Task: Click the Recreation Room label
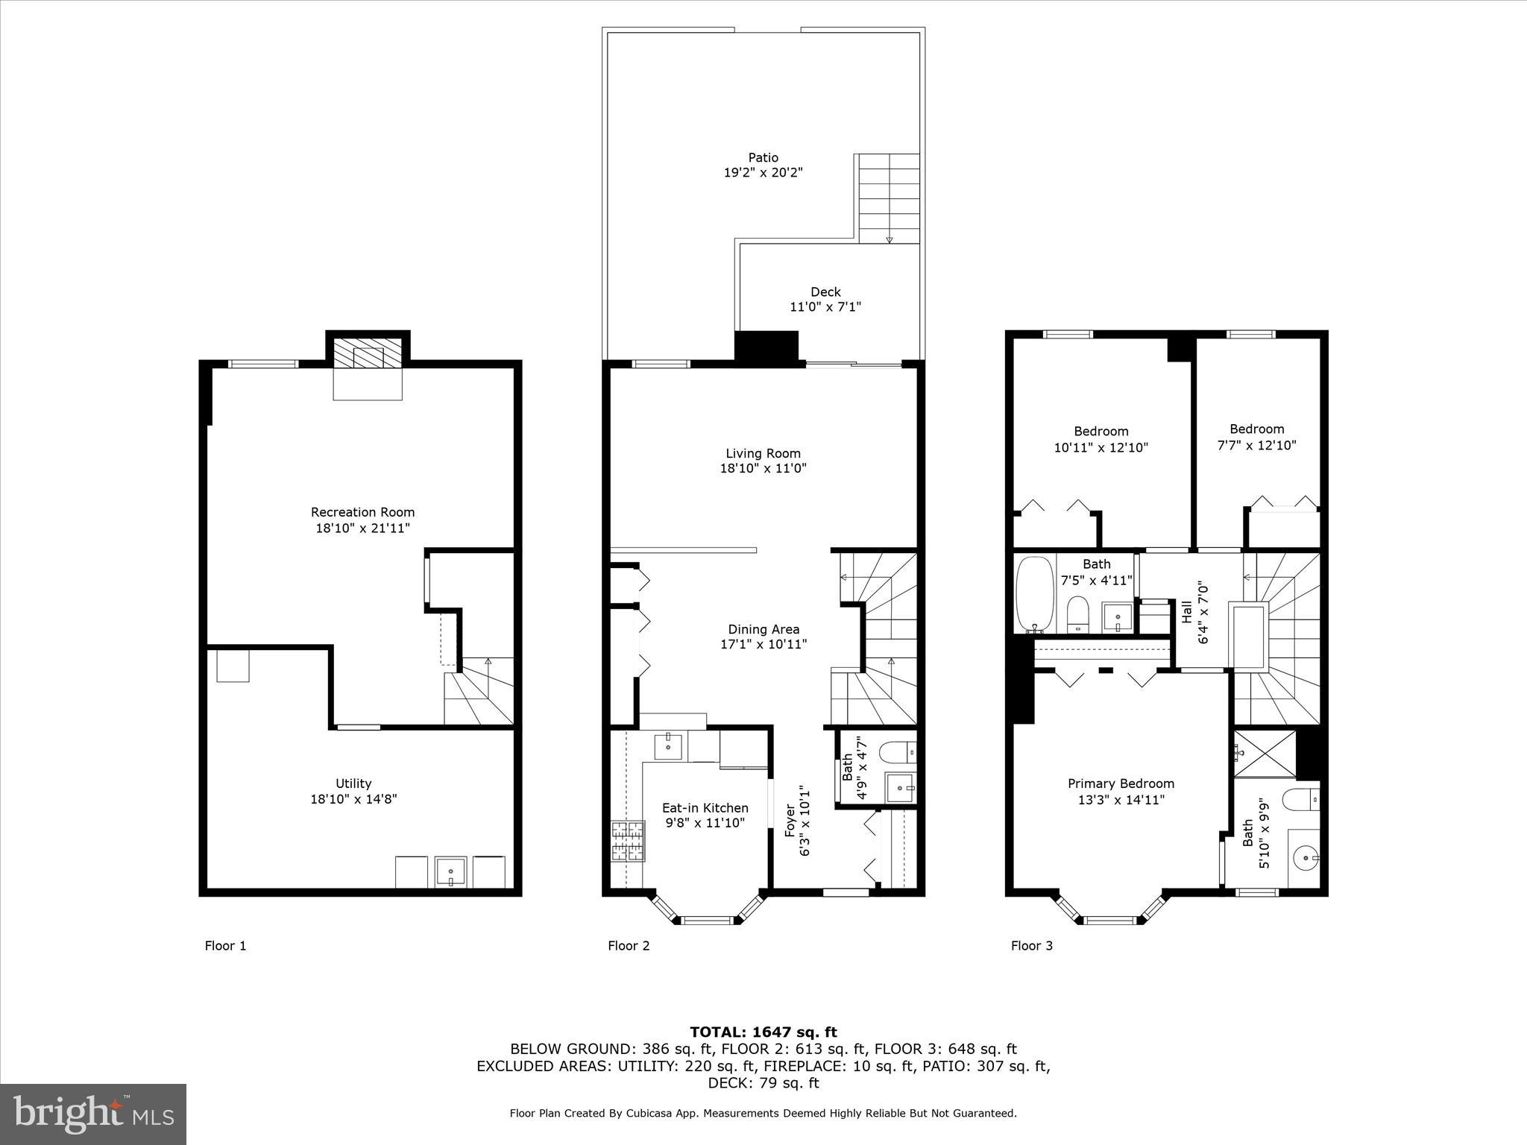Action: coord(362,512)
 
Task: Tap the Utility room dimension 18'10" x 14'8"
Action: coord(353,799)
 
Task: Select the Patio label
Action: coord(763,157)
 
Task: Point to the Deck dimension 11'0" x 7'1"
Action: coord(825,306)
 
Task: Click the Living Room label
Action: coord(763,453)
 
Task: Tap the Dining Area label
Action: coord(763,629)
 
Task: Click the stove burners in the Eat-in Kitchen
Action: coord(627,841)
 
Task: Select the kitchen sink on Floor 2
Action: coord(669,745)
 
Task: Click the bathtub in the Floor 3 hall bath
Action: coord(1035,593)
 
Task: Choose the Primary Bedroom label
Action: coord(1121,783)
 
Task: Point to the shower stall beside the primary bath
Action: coord(1265,754)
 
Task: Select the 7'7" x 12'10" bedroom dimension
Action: coord(1256,445)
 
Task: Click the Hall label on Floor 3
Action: coord(1187,612)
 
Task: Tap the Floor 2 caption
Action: coord(629,946)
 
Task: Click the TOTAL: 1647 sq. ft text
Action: coord(763,1032)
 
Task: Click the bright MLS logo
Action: coord(93,1114)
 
